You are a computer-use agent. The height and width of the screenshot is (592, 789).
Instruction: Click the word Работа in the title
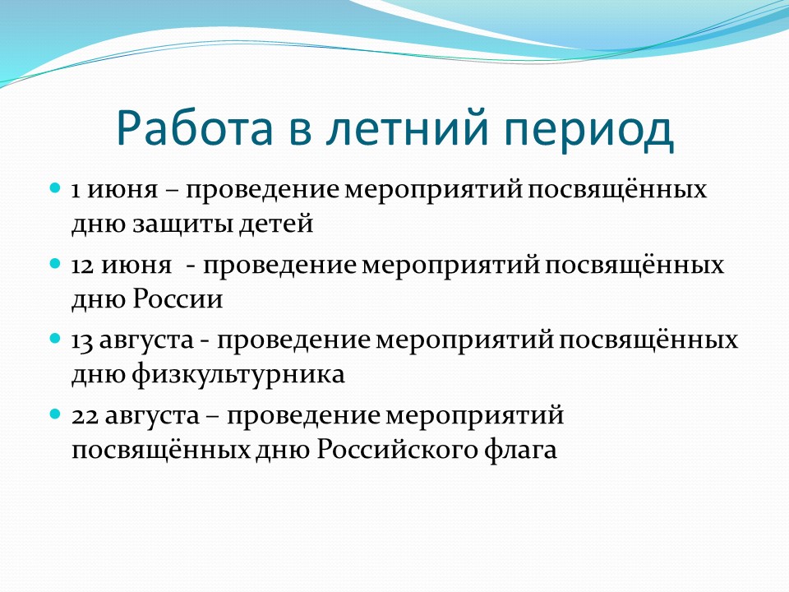pyautogui.click(x=194, y=127)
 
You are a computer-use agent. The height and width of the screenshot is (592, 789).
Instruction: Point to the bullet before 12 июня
pyautogui.click(x=55, y=264)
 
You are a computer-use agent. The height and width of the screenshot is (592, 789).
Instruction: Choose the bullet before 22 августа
pyautogui.click(x=55, y=414)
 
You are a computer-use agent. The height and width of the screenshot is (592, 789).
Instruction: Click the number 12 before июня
pyautogui.click(x=82, y=266)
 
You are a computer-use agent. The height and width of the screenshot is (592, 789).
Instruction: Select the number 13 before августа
pyautogui.click(x=82, y=341)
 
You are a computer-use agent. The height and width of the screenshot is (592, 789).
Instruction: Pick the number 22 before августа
pyautogui.click(x=85, y=416)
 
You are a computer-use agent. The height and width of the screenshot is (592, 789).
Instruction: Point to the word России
pyautogui.click(x=178, y=298)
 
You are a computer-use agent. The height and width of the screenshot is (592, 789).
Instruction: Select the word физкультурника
pyautogui.click(x=238, y=375)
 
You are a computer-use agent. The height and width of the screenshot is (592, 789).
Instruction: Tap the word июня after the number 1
pyautogui.click(x=122, y=191)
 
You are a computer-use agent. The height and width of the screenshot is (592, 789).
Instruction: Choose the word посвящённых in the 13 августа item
pyautogui.click(x=648, y=340)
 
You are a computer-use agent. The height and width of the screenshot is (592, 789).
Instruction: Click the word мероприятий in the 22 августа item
pyautogui.click(x=474, y=417)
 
